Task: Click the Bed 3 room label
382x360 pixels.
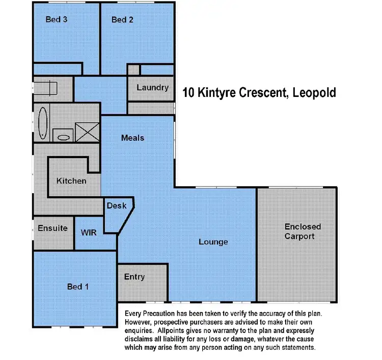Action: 57,20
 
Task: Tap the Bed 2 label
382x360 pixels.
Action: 122,20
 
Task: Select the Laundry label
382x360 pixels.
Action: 152,87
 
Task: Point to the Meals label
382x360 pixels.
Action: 132,138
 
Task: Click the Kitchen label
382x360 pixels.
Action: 71,181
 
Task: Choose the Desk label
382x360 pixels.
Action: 117,205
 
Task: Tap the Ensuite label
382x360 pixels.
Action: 52,228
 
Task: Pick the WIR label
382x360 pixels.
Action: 89,232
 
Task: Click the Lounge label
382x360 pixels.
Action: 213,242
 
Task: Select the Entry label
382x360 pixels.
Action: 134,277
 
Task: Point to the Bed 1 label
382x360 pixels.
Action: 78,287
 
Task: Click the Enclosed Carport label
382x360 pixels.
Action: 303,231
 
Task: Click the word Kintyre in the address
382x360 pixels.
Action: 217,93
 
